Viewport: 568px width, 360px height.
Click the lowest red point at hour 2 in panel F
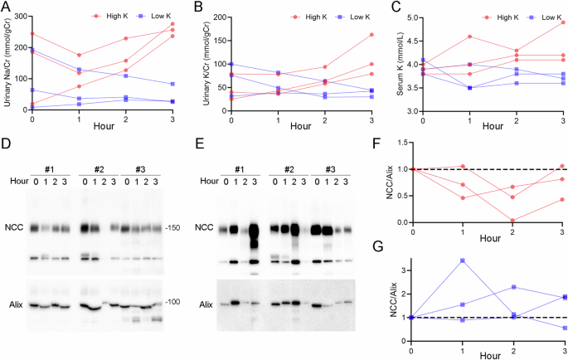513,220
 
